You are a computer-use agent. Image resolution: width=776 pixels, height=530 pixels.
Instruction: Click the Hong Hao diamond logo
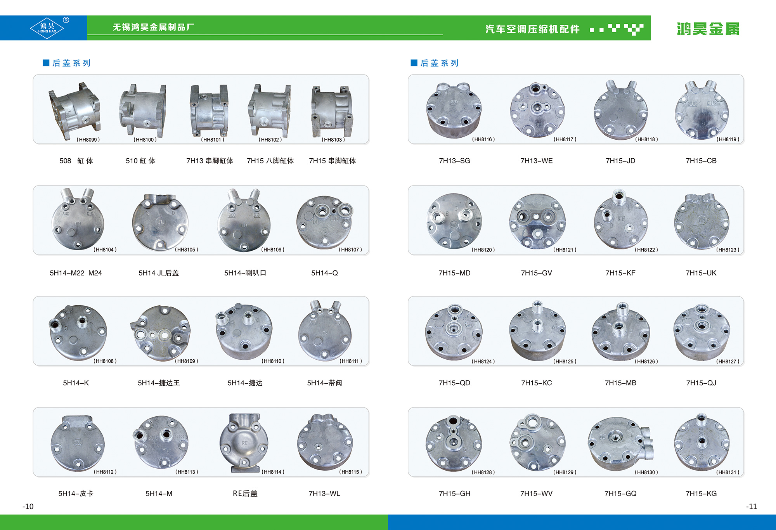click(x=47, y=28)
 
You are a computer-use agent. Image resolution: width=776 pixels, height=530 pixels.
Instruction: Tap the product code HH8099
click(x=88, y=140)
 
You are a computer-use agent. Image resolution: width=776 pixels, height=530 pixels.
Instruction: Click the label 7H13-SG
click(x=454, y=161)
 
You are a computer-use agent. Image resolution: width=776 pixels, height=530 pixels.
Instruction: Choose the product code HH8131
click(x=727, y=472)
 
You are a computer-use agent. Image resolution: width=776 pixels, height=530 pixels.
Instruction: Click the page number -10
click(x=28, y=506)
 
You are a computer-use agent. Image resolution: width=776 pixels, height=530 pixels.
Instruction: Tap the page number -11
click(x=752, y=506)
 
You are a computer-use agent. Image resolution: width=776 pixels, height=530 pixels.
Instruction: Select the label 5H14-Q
click(x=324, y=273)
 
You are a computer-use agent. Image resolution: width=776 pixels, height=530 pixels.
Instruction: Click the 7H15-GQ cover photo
click(x=620, y=442)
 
